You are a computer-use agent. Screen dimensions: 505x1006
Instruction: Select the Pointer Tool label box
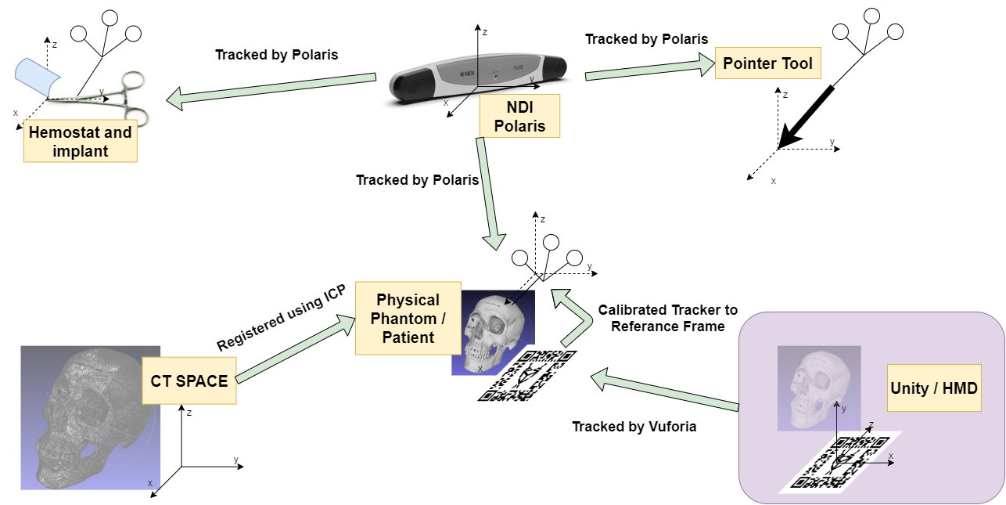coord(768,64)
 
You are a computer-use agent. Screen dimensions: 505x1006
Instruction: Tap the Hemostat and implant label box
coord(80,141)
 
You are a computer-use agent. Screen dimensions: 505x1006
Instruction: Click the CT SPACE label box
coord(189,381)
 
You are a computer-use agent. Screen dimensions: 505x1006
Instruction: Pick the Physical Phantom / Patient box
coord(408,319)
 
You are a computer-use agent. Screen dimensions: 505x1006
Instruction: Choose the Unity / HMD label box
coord(934,388)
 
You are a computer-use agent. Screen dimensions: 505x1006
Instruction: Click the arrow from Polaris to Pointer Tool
coord(649,69)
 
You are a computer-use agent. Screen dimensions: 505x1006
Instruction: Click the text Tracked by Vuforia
coord(634,427)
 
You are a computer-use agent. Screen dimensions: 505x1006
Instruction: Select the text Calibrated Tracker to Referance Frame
coord(667,318)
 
